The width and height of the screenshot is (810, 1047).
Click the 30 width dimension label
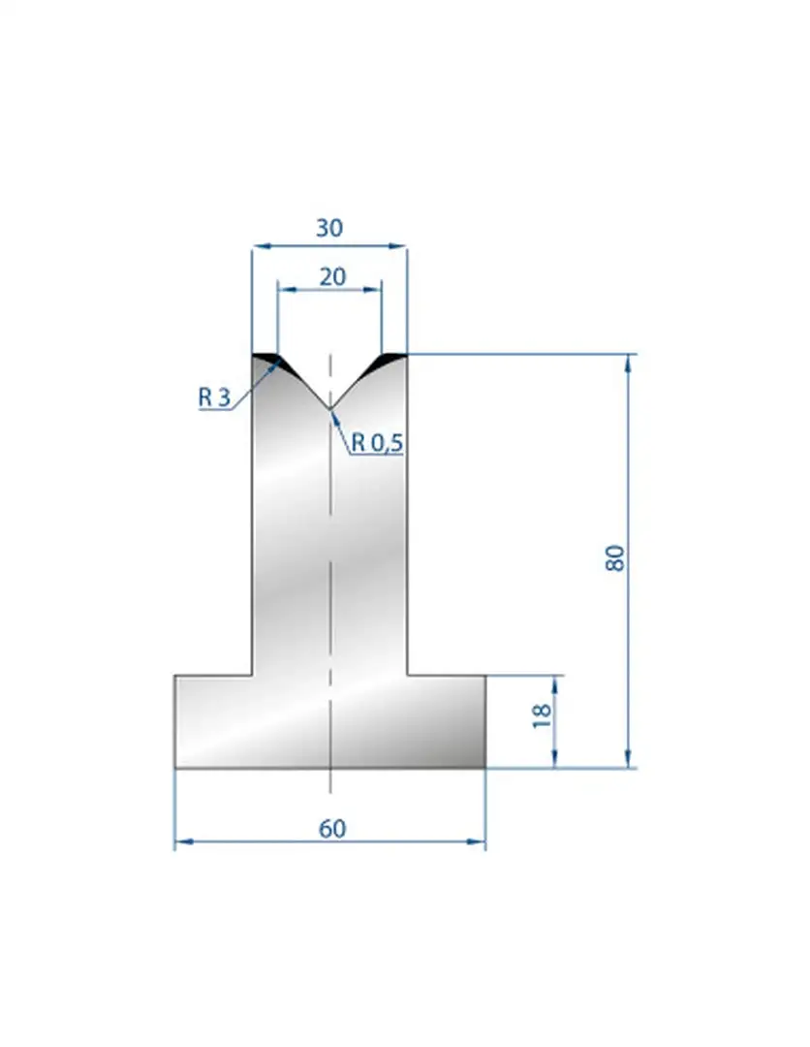[328, 229]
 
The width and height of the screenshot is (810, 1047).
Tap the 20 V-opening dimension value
[332, 276]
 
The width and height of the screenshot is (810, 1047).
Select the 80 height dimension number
[615, 558]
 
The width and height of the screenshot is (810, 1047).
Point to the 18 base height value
[543, 715]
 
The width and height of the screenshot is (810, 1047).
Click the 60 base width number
[332, 829]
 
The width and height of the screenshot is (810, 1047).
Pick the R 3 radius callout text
[214, 397]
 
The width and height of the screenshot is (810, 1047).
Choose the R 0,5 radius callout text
[377, 442]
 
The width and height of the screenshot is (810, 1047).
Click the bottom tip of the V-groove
[329, 409]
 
